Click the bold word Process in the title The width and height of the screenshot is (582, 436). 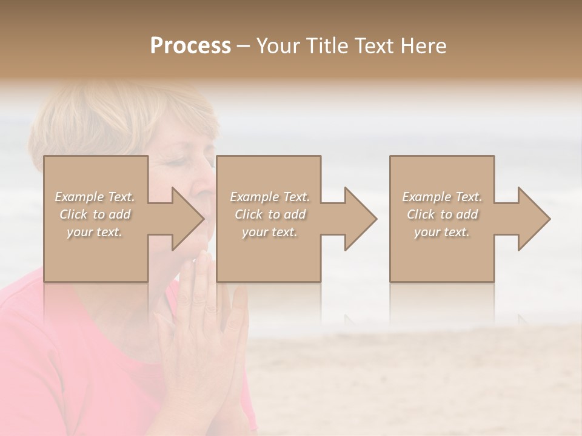point(190,46)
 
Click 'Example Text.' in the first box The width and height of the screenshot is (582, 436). point(95,197)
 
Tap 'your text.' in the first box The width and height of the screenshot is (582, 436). point(95,232)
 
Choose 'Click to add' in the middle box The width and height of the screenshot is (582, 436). point(270,214)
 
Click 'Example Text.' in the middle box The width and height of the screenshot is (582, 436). point(270,197)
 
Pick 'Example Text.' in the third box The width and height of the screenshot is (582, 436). point(442,197)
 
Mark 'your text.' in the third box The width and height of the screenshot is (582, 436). point(442,232)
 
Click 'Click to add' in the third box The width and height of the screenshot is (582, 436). point(442,214)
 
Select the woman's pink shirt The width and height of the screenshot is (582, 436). point(73,363)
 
